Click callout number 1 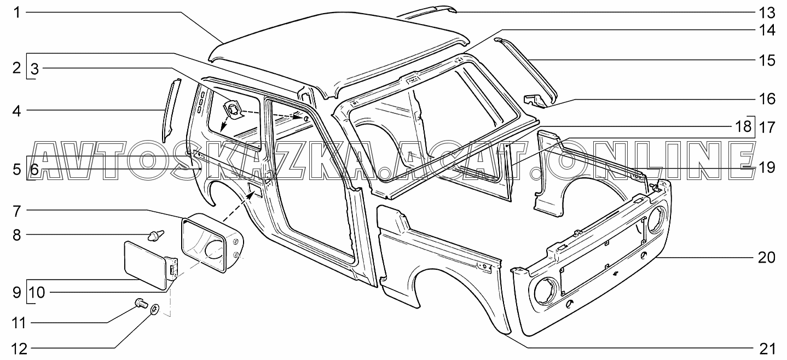point(17,11)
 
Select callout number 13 point(767,11)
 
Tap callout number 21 point(767,348)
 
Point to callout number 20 point(767,257)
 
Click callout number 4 point(17,111)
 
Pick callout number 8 point(17,235)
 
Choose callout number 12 point(17,348)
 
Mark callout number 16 point(767,99)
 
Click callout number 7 point(17,210)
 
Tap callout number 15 point(767,60)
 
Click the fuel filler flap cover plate point(144,266)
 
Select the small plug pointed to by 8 point(154,236)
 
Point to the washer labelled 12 point(154,310)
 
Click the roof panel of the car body point(339,49)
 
